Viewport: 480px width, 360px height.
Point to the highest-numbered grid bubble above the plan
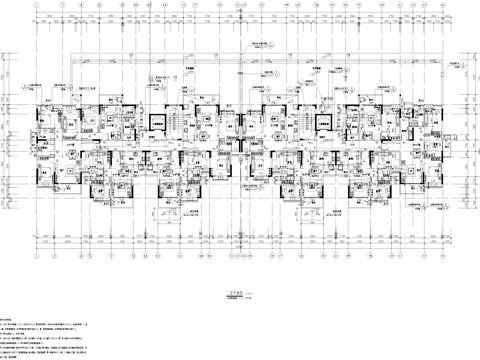[x=436, y=7]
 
